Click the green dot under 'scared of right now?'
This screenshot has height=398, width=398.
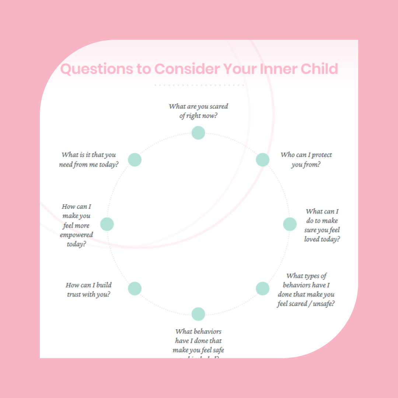[198, 133]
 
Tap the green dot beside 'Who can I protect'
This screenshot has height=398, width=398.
[262, 160]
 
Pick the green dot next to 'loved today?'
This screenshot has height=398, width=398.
[290, 224]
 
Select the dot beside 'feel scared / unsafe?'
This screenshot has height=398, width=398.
[262, 288]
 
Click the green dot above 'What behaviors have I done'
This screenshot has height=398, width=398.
[198, 314]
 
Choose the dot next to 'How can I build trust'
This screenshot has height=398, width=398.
[135, 288]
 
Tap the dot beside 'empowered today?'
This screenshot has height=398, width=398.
[107, 224]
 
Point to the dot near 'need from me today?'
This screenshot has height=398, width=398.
[135, 160]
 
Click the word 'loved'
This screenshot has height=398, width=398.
[312, 240]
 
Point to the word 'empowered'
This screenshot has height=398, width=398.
[76, 235]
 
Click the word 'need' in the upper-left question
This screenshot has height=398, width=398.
[66, 165]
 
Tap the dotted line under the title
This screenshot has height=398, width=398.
[199, 85]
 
